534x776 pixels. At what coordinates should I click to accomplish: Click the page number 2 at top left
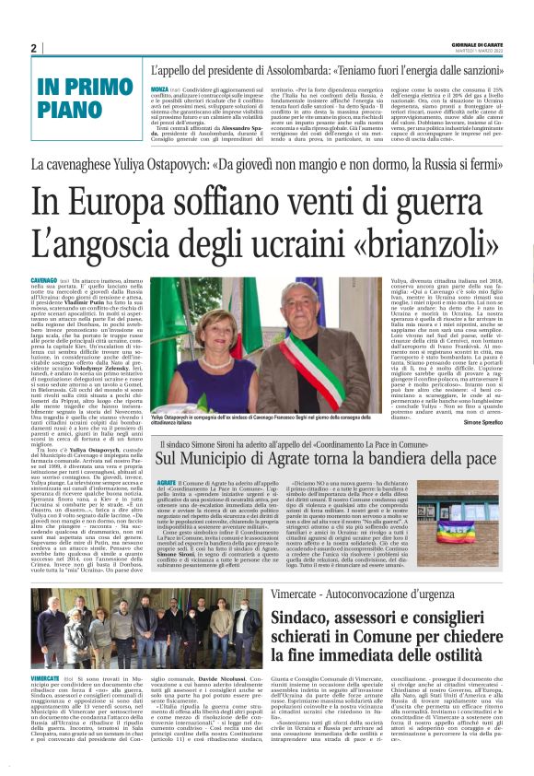[33, 48]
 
